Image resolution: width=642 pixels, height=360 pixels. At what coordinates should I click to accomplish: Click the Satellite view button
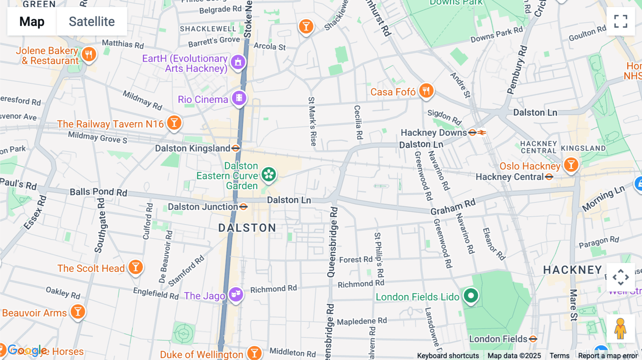click(x=92, y=21)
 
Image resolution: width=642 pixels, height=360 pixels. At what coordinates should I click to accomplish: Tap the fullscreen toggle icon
click(x=621, y=21)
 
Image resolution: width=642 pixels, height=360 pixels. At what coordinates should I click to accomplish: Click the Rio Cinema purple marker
click(x=239, y=98)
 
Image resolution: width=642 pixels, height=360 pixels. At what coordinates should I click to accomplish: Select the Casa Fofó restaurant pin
click(x=426, y=91)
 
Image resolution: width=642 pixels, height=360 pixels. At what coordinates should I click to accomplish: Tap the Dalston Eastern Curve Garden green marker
click(x=269, y=175)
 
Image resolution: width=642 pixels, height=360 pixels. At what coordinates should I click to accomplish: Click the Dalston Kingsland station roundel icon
click(x=236, y=148)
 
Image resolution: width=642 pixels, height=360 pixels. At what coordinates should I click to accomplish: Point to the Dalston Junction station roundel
click(x=244, y=207)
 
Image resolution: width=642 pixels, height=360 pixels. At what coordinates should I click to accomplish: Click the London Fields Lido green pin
click(x=471, y=295)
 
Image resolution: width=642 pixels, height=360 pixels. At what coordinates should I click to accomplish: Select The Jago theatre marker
click(x=236, y=294)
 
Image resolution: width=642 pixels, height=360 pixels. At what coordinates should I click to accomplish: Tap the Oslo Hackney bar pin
click(x=571, y=165)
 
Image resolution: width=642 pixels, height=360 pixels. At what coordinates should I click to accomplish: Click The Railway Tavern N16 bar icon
click(x=174, y=123)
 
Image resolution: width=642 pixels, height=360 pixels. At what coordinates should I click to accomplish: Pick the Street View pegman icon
click(x=620, y=329)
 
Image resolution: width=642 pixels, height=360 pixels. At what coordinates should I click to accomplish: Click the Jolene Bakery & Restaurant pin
click(x=89, y=55)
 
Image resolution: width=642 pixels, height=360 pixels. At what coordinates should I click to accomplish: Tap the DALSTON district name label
click(x=247, y=228)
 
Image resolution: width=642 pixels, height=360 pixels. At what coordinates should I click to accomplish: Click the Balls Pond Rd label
click(x=98, y=192)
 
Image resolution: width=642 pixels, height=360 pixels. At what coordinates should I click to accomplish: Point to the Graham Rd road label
click(x=453, y=207)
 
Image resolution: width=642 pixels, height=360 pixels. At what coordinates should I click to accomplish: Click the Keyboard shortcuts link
click(x=448, y=356)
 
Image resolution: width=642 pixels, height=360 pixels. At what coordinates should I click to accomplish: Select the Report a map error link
click(x=608, y=356)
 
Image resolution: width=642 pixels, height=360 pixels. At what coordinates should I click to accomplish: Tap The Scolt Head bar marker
click(x=136, y=267)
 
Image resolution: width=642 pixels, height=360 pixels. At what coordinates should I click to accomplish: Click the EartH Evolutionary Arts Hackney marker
click(x=238, y=62)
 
